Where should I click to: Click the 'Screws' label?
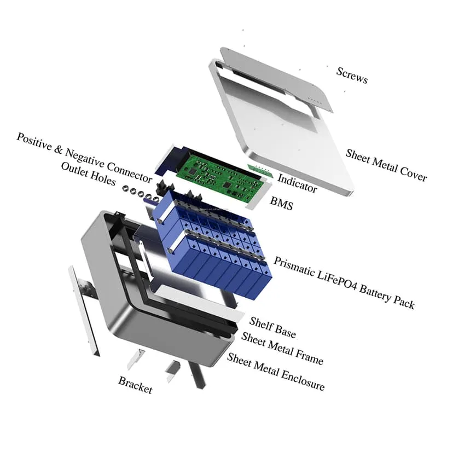352,75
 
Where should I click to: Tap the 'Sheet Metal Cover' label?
386,165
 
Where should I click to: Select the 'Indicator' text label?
297,183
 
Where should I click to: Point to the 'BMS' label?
282,203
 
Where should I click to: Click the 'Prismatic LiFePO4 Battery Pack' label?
344,282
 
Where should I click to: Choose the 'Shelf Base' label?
272,327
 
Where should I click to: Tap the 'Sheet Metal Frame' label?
282,348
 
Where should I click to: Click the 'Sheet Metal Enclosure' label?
276,372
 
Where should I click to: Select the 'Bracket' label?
135,385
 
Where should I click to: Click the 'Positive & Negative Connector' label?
84,158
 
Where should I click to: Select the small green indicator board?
260,171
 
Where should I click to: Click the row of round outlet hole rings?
140,193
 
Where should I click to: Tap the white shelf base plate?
199,304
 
